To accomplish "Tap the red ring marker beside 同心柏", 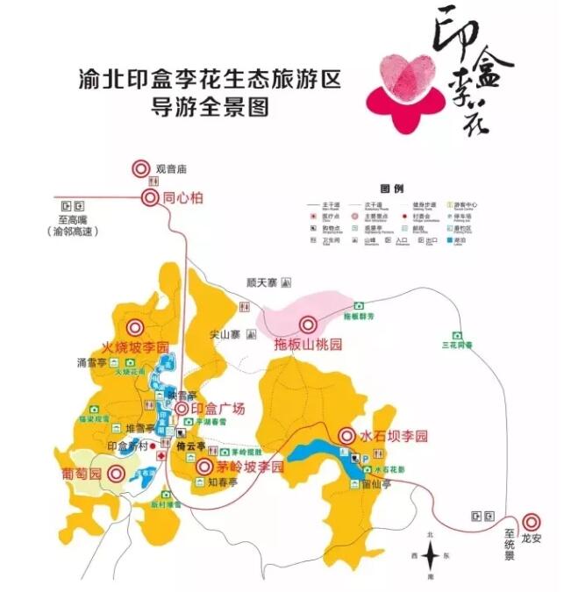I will click(150, 197).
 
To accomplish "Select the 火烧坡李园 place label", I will click(135, 346).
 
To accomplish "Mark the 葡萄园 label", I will click(87, 474).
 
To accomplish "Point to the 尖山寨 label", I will click(225, 334).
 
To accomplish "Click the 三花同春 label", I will click(456, 346).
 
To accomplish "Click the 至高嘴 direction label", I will click(76, 219).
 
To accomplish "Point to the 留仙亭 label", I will click(376, 483).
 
